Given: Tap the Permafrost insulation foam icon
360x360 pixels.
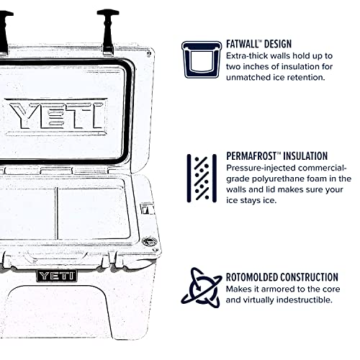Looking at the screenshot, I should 202,175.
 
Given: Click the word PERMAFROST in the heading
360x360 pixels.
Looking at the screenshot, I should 256,156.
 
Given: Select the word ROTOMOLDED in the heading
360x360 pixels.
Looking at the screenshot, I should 256,276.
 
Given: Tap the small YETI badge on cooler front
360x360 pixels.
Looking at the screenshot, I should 54,274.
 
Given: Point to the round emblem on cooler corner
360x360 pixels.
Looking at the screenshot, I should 149,242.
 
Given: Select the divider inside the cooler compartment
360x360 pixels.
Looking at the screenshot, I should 55,212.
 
